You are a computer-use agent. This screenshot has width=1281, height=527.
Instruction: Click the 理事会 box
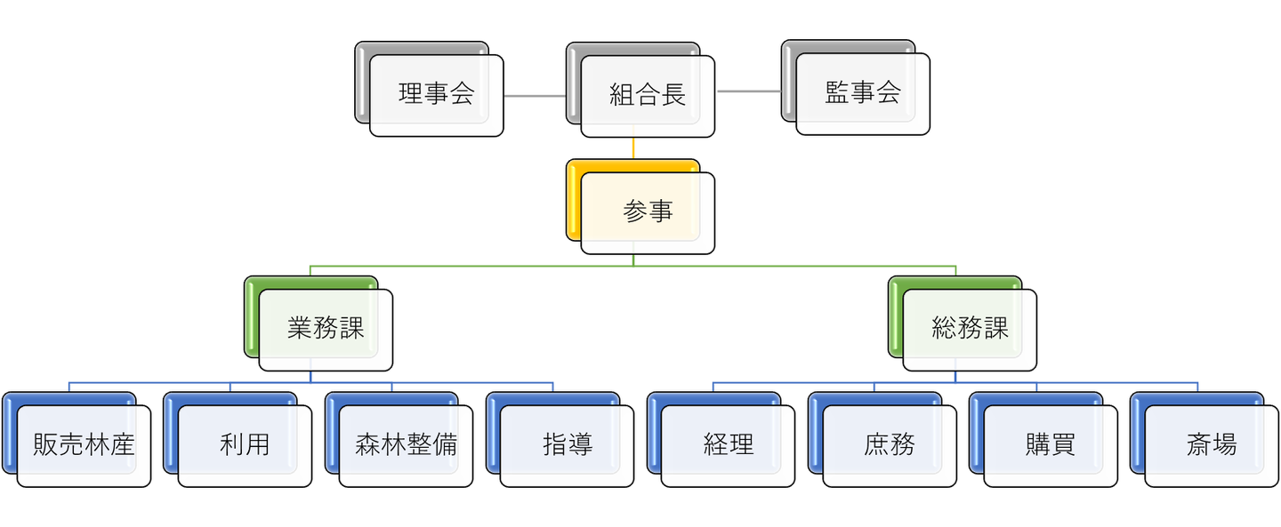pyautogui.click(x=436, y=95)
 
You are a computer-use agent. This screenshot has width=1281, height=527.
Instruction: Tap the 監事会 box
pyautogui.click(x=863, y=93)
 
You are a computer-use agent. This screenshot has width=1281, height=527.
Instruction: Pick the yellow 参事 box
pyautogui.click(x=648, y=212)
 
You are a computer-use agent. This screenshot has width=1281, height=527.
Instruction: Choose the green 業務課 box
pyautogui.click(x=326, y=329)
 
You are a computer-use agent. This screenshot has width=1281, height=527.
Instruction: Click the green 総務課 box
pyautogui.click(x=970, y=329)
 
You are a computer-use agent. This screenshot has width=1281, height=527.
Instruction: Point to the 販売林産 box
pyautogui.click(x=84, y=445)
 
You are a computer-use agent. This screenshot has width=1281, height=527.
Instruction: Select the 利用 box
pyautogui.click(x=245, y=445)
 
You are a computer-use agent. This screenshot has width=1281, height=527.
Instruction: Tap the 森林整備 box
pyautogui.click(x=406, y=445)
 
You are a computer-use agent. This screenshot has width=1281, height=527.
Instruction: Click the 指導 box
pyautogui.click(x=567, y=445)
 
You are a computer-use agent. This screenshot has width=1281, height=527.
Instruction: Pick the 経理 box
pyautogui.click(x=728, y=445)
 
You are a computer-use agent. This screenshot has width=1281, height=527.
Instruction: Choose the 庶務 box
pyautogui.click(x=889, y=445)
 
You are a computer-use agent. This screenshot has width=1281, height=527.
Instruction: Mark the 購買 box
pyautogui.click(x=1050, y=445)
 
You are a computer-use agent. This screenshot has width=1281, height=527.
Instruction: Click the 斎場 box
pyautogui.click(x=1211, y=445)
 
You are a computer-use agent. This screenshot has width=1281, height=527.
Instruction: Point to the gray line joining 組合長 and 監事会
pyautogui.click(x=749, y=91)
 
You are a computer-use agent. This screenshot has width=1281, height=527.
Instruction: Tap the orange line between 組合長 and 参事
pyautogui.click(x=633, y=148)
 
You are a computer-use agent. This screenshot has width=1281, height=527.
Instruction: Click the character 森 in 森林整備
pyautogui.click(x=367, y=445)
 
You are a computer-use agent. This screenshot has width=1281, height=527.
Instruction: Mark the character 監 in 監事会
pyautogui.click(x=837, y=93)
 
